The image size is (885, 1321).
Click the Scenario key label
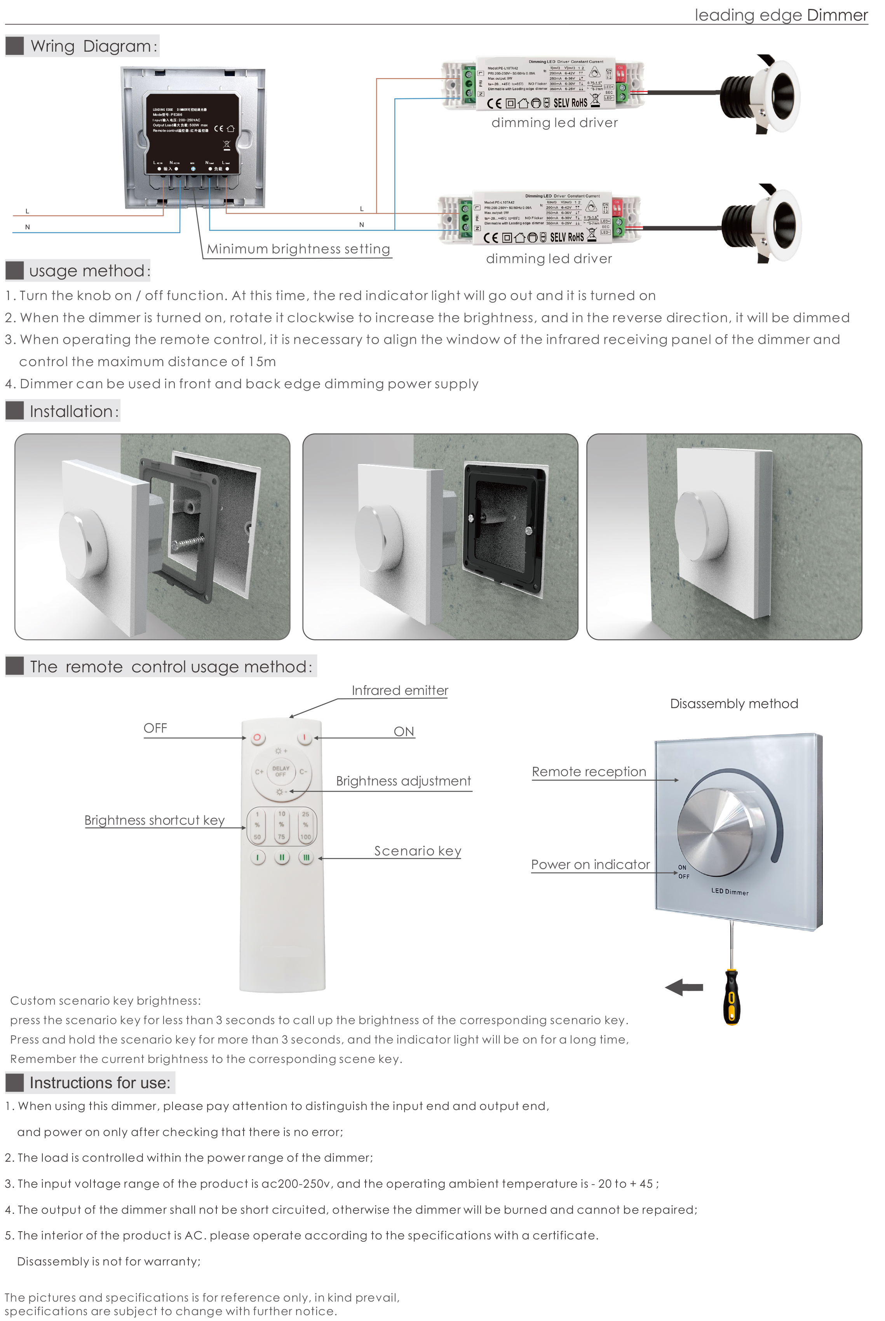pos(418,851)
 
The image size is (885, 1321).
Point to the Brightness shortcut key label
pos(155,820)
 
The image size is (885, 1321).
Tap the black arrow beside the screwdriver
pos(684,988)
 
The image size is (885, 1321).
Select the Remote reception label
pos(589,772)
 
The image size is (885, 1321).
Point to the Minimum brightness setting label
pos(298,249)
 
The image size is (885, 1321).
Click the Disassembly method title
pos(734,704)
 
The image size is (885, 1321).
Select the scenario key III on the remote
pos(306,857)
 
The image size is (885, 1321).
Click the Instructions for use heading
pos(99,1083)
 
